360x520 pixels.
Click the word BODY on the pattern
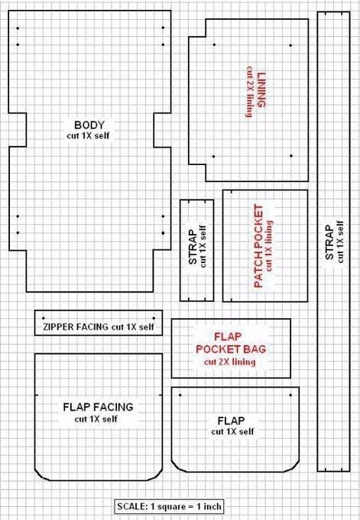click(89, 125)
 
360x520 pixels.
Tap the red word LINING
click(261, 90)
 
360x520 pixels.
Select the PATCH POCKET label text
click(258, 245)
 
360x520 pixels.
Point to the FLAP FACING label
click(98, 407)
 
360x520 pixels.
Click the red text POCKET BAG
click(231, 349)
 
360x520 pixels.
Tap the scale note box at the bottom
click(169, 506)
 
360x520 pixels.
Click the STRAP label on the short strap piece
click(193, 247)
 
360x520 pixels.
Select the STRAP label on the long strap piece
click(329, 242)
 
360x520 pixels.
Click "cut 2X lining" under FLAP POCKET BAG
click(230, 362)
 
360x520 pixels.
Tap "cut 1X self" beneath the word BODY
click(88, 135)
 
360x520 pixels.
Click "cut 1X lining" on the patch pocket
click(269, 246)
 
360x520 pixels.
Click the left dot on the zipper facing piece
click(44, 318)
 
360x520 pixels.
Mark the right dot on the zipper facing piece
click(154, 318)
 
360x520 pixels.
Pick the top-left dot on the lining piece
click(214, 44)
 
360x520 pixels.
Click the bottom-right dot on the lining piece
click(291, 156)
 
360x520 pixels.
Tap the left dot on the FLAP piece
click(180, 395)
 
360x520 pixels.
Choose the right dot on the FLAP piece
click(290, 395)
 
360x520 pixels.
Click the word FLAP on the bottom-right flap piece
click(231, 421)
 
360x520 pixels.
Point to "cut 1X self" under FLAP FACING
click(96, 419)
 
